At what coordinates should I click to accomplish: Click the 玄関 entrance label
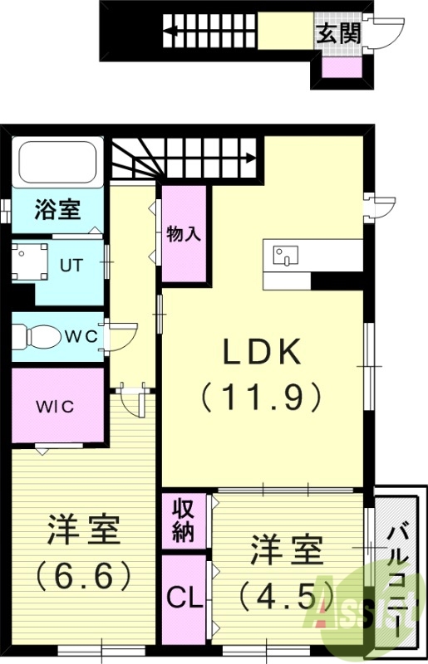(x=336, y=34)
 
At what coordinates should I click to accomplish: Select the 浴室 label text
(x=57, y=209)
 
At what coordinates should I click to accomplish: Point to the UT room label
(x=71, y=266)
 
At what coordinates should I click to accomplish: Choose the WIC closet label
(x=55, y=407)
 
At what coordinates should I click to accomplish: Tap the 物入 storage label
(x=184, y=233)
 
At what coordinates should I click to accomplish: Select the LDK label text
(x=260, y=354)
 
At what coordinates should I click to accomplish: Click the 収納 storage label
(x=184, y=520)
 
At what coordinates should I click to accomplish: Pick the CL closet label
(x=184, y=598)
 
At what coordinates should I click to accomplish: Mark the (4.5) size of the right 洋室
(x=286, y=594)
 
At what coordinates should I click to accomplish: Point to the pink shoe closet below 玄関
(x=338, y=68)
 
